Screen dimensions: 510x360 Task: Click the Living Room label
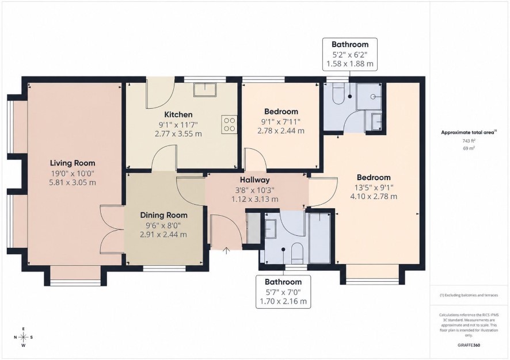(x=73, y=163)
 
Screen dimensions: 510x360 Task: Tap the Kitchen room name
(x=178, y=114)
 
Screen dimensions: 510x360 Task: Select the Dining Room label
(x=163, y=215)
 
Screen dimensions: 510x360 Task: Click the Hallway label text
(x=254, y=180)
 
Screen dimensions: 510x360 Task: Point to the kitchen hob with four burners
(x=229, y=124)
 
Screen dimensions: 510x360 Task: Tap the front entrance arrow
(x=226, y=251)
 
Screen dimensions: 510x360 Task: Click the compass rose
(x=24, y=337)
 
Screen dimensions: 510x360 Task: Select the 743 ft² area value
(x=469, y=141)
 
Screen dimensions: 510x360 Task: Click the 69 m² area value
(x=469, y=148)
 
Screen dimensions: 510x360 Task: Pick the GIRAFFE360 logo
(x=469, y=345)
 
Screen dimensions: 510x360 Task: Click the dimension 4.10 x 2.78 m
(x=374, y=197)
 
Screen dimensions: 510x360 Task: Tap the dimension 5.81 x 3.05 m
(x=73, y=183)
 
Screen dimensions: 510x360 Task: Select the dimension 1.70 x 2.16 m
(x=283, y=301)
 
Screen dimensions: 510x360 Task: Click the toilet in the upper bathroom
(x=338, y=94)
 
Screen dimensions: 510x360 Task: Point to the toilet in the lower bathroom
(x=297, y=253)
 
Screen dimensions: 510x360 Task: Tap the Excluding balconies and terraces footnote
(x=469, y=296)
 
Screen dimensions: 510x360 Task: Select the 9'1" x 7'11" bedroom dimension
(x=281, y=122)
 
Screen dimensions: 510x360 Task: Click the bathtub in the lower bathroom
(x=320, y=238)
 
